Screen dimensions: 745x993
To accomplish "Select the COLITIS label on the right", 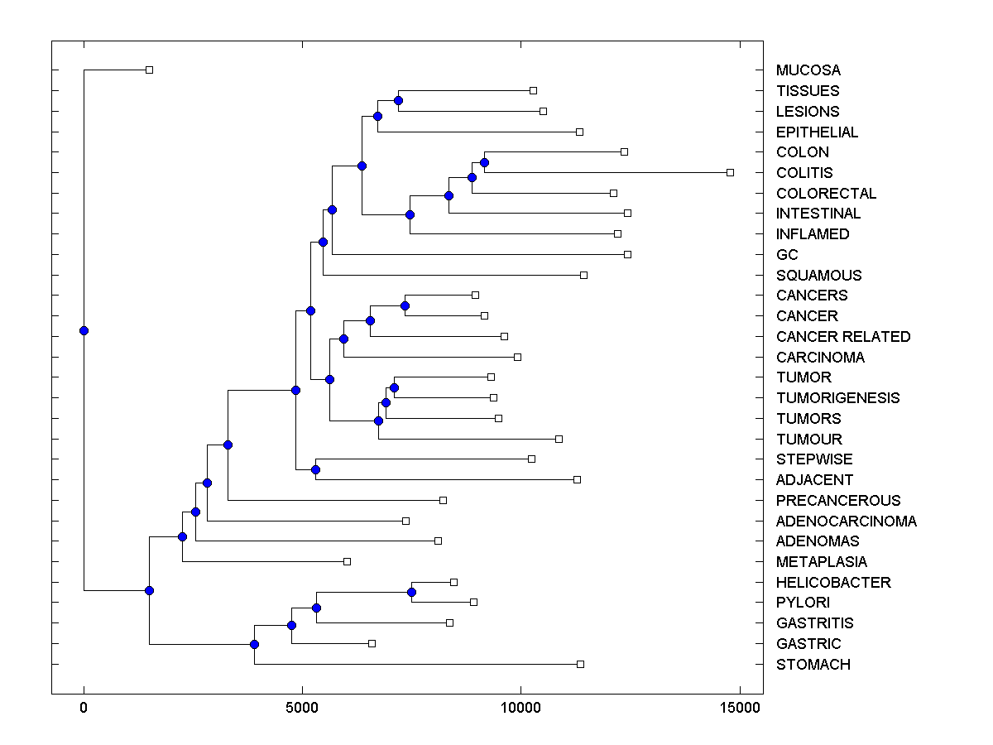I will pyautogui.click(x=804, y=173).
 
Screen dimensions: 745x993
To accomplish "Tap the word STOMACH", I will pyautogui.click(x=813, y=665).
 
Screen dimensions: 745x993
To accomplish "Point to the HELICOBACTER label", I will pyautogui.click(x=833, y=583).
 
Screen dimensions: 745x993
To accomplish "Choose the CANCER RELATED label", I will pyautogui.click(x=842, y=337).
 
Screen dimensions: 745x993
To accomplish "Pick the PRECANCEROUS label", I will pyautogui.click(x=837, y=501).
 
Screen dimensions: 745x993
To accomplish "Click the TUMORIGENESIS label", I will pyautogui.click(x=837, y=398).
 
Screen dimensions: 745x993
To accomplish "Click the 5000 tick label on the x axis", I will pyautogui.click(x=302, y=708).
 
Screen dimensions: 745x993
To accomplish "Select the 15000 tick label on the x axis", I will pyautogui.click(x=739, y=708).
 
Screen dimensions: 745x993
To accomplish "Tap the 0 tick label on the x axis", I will pyautogui.click(x=84, y=708).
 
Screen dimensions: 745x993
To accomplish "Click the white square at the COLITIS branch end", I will pyautogui.click(x=730, y=172).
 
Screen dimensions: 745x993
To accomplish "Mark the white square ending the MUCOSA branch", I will pyautogui.click(x=149, y=70).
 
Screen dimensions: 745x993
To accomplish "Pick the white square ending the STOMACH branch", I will pyautogui.click(x=580, y=664).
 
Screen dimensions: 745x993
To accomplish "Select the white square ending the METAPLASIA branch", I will pyautogui.click(x=347, y=561).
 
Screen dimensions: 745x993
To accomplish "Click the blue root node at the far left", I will pyautogui.click(x=84, y=330).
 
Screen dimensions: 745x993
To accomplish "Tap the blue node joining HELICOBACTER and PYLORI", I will pyautogui.click(x=411, y=592).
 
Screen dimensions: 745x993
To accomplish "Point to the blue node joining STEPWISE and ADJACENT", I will pyautogui.click(x=315, y=469).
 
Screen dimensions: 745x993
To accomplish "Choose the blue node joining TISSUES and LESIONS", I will pyautogui.click(x=398, y=100).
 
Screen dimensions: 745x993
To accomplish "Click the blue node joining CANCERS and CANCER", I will pyautogui.click(x=405, y=305).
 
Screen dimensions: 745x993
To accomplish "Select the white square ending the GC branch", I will pyautogui.click(x=627, y=254).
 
